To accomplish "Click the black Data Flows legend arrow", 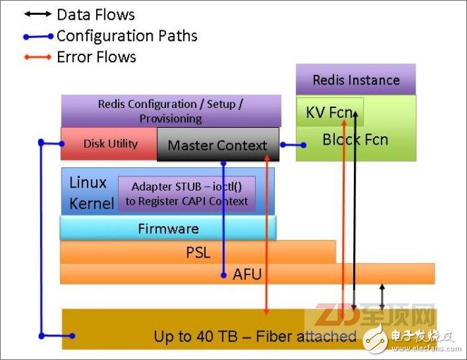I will click(36, 14).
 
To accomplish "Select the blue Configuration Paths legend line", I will click(36, 35).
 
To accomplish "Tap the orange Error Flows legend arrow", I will click(36, 56).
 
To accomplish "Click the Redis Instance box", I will click(355, 80).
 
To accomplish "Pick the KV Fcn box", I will click(329, 112).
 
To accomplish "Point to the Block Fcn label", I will click(355, 139).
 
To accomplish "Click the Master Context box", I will click(217, 145).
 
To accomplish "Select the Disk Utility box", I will click(110, 143).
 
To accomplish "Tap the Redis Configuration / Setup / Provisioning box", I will click(170, 111).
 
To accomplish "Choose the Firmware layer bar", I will click(167, 228).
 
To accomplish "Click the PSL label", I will click(198, 252).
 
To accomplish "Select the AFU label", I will click(247, 273).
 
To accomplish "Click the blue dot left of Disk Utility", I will click(42, 143).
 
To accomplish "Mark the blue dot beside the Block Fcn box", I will click(304, 145).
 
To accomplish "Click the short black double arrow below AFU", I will click(382, 296).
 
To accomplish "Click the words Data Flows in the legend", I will click(95, 14).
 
